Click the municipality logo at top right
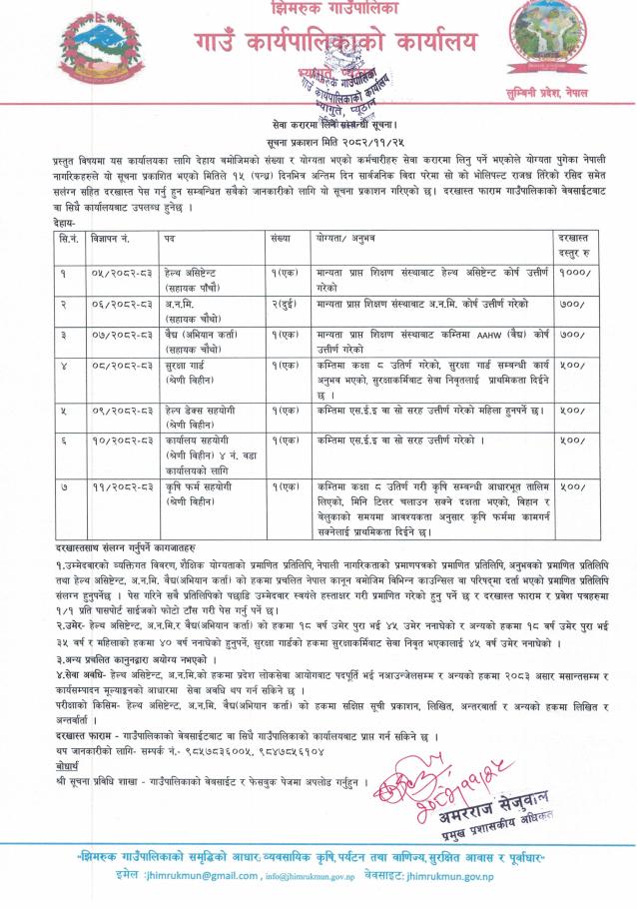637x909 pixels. (x=549, y=40)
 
